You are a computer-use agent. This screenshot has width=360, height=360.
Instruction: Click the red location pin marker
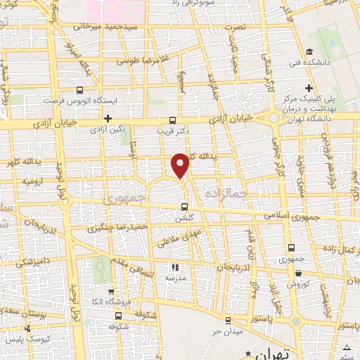(181, 165)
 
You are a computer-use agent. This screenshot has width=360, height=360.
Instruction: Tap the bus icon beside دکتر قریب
(173, 120)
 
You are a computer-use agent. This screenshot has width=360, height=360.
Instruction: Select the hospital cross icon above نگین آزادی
(108, 118)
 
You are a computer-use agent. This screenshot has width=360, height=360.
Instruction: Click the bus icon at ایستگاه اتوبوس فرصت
(79, 90)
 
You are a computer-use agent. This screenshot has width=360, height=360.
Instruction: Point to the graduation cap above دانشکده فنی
(309, 51)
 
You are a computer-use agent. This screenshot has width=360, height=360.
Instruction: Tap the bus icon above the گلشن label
(184, 207)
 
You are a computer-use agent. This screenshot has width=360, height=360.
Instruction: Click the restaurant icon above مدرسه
(175, 267)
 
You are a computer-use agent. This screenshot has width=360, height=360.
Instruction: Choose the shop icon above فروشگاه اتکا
(110, 291)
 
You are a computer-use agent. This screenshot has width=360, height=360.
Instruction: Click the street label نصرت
(236, 27)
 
